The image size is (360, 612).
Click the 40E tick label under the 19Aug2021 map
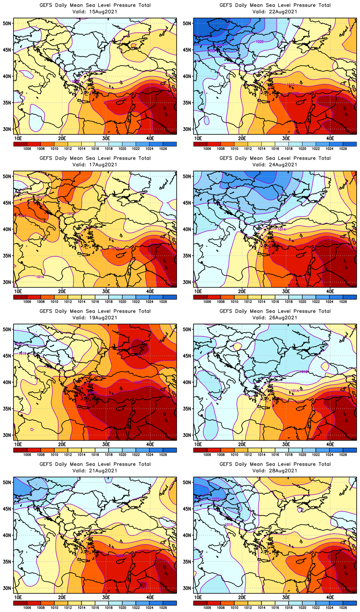click(150, 444)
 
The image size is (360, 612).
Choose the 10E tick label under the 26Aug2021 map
click(198, 444)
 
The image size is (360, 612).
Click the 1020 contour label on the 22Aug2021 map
click(260, 41)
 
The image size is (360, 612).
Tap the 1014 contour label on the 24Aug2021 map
click(282, 229)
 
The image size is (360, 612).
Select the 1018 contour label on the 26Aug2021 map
click(304, 372)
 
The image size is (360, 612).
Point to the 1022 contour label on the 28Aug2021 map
click(215, 499)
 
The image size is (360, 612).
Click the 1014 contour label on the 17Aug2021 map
click(40, 277)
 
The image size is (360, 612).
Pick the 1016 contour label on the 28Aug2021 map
click(229, 525)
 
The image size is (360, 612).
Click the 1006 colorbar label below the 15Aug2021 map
click(27, 149)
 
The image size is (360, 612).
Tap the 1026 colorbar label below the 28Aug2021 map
click(343, 608)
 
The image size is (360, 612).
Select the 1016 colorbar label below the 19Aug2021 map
click(95, 455)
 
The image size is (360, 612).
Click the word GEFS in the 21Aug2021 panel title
click(46, 464)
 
